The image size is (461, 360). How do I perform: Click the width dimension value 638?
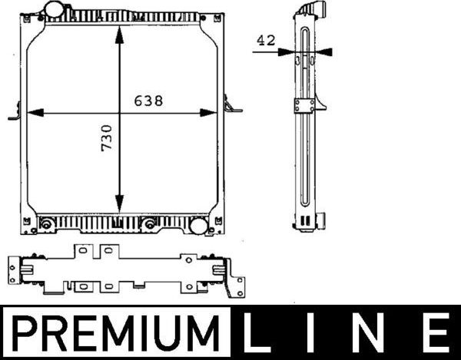click(148, 101)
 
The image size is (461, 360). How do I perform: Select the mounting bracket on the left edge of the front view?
click(15, 113)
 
